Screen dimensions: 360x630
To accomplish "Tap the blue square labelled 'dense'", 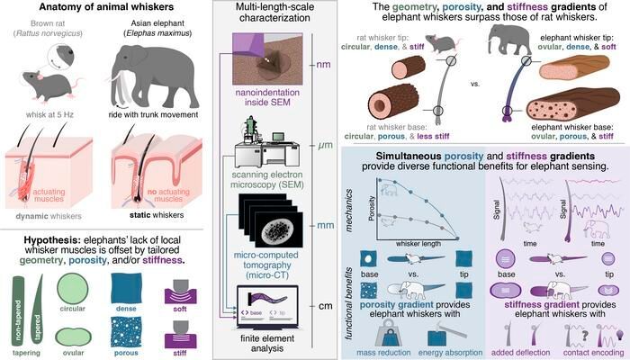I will [x=127, y=292].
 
